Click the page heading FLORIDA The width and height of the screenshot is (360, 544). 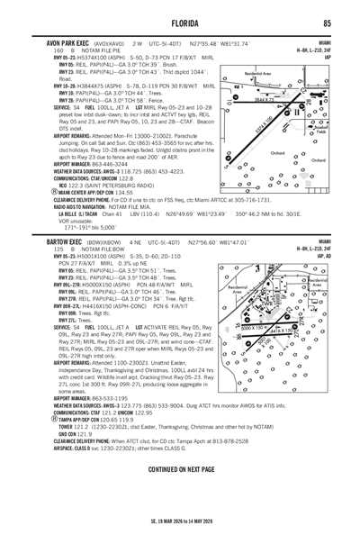pyautogui.click(x=180, y=22)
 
